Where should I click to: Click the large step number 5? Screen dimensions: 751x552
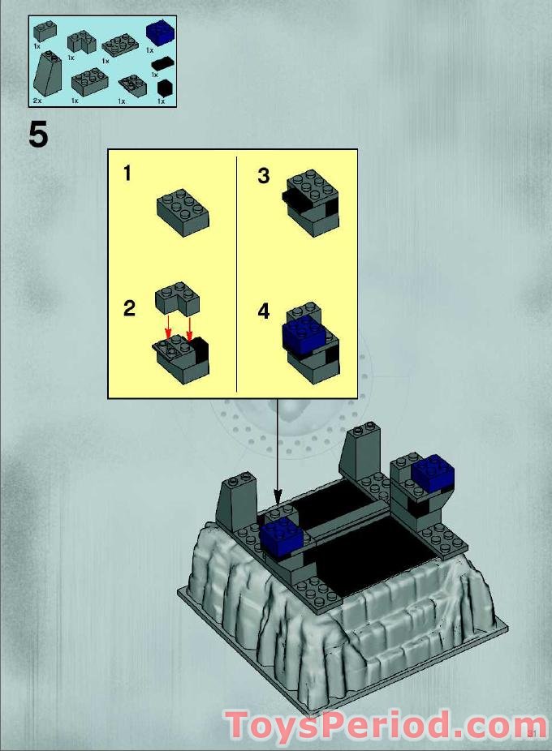coord(38,135)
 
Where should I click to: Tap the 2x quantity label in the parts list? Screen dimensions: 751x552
coord(37,100)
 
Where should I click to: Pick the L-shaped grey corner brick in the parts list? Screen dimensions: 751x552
coord(80,41)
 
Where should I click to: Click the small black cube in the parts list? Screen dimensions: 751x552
coord(165,88)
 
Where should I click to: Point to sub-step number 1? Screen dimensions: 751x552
coord(128,173)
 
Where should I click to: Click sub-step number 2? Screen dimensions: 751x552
coord(129,308)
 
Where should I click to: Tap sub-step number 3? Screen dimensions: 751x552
coord(263,176)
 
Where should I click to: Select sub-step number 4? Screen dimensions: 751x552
coord(263,311)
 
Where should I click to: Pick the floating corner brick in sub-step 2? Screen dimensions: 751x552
coord(179,297)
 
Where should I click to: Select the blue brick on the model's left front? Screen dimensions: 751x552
coord(282,536)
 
